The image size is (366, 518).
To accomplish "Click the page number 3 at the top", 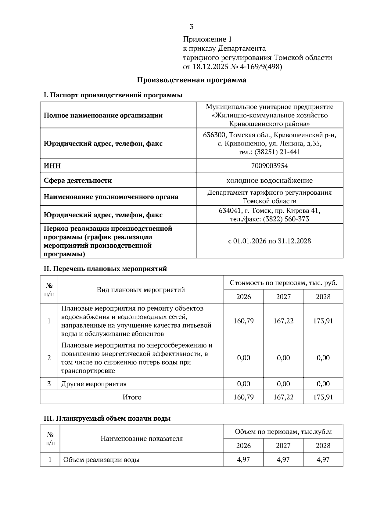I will (x=192, y=27).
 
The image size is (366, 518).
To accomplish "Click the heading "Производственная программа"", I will (x=192, y=80).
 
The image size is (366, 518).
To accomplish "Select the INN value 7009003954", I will (x=269, y=166).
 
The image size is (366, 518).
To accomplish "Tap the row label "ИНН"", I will (x=52, y=166).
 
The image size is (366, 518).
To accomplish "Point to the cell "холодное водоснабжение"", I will (x=269, y=180).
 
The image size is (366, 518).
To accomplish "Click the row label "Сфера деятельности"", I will (x=78, y=180).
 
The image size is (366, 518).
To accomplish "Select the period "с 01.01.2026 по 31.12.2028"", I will (x=269, y=241).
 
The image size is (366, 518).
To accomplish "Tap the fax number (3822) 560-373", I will (x=286, y=219).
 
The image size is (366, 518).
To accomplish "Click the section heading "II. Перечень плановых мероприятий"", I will (x=106, y=269).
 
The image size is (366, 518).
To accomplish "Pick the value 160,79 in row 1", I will (x=243, y=321).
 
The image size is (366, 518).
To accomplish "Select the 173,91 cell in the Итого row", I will (x=323, y=397).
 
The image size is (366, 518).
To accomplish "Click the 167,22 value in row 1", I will (x=283, y=321).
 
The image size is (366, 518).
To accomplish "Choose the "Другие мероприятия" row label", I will (x=94, y=384).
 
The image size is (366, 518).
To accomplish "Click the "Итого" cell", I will (x=132, y=397).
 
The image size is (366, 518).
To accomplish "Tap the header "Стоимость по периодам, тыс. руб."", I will (x=283, y=283).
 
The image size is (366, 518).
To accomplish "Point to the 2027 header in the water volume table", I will (x=283, y=446).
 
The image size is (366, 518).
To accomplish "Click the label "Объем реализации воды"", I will (x=101, y=460).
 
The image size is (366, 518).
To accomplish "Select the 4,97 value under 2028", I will (x=323, y=460).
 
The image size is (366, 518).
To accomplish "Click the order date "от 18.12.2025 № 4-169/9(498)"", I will (x=232, y=67).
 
